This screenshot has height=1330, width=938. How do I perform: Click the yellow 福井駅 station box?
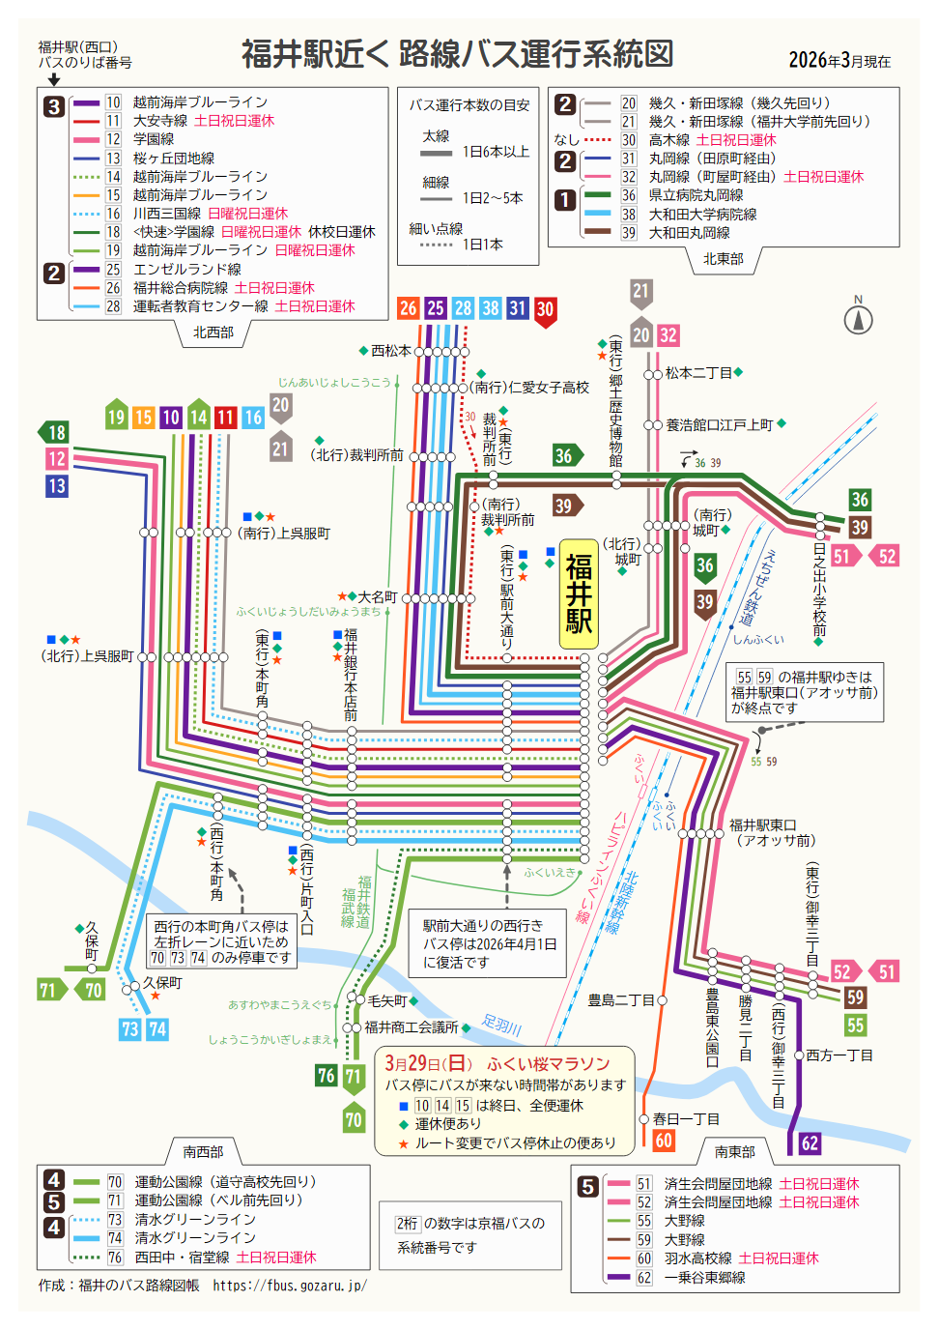tap(579, 593)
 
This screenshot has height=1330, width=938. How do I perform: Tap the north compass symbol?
tap(858, 318)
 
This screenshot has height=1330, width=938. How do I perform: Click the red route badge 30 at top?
tap(545, 309)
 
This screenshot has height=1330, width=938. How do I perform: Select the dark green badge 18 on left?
tap(54, 432)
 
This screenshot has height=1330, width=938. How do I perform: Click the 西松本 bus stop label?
tap(390, 351)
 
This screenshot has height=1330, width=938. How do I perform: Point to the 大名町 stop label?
tap(377, 597)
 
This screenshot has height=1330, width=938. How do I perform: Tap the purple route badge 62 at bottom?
tap(810, 1143)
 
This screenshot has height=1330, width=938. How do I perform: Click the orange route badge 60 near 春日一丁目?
tap(664, 1140)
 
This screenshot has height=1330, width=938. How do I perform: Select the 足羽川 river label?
tap(501, 1025)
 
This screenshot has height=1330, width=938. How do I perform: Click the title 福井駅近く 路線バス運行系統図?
tap(457, 54)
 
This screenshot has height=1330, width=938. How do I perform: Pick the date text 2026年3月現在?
tap(839, 61)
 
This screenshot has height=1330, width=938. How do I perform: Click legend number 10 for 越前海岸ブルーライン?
tap(113, 102)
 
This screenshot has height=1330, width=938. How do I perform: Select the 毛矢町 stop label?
tap(387, 1000)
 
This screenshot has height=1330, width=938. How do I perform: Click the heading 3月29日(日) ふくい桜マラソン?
tap(497, 1063)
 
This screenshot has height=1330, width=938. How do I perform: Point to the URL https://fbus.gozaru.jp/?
tap(289, 1286)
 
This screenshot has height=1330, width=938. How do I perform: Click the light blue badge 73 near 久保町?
tap(130, 1029)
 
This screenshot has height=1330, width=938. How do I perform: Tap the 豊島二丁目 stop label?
tap(621, 1000)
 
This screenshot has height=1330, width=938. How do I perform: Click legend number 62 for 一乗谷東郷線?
tap(644, 1278)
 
